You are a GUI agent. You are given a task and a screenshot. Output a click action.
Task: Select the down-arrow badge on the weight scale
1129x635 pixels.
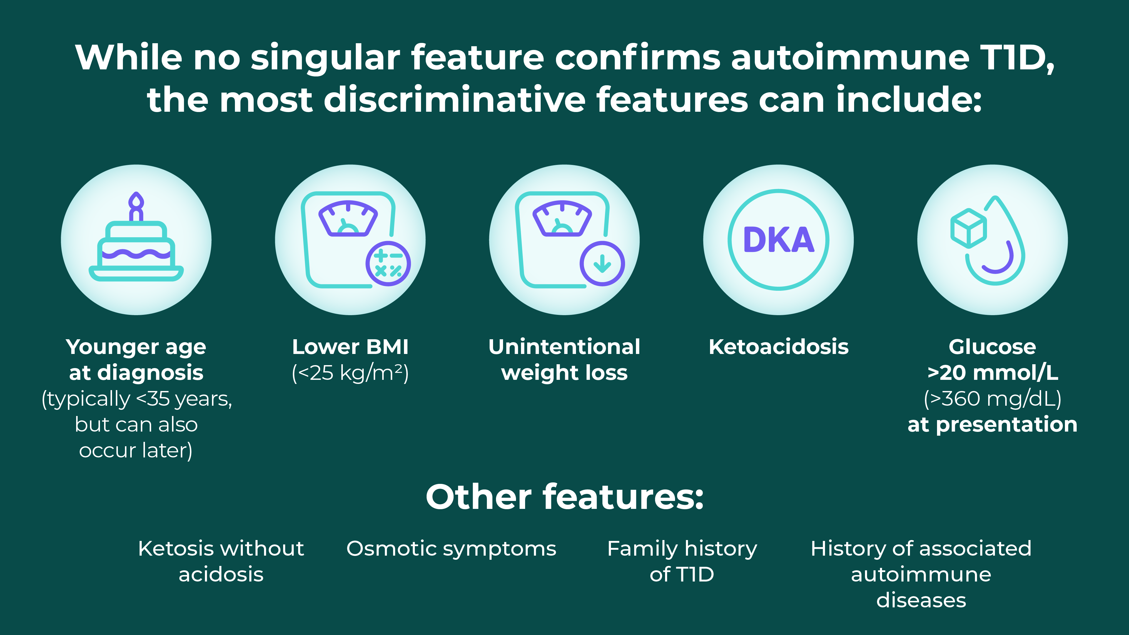pos(602,263)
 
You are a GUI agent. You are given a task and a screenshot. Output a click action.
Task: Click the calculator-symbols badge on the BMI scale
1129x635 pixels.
pos(388,263)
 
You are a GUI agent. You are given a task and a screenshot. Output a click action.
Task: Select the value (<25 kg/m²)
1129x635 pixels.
pos(350,373)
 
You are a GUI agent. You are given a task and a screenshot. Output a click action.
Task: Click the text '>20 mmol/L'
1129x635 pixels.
pos(992,373)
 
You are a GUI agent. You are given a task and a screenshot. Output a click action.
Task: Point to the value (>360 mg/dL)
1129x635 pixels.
pos(992,399)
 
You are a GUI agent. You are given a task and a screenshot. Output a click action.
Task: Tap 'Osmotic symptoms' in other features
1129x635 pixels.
pos(451,549)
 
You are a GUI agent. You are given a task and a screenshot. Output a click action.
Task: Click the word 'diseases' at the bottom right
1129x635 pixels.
pos(921,600)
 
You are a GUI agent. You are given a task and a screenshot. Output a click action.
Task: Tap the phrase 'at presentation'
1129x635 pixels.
pos(992,425)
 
